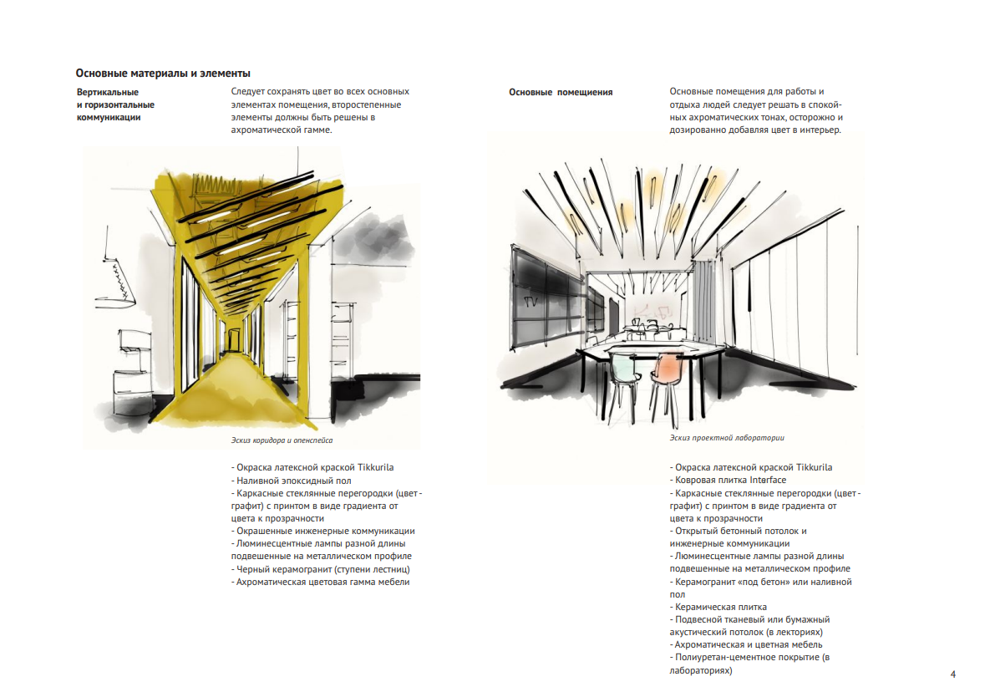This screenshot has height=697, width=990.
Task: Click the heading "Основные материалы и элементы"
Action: tap(163, 74)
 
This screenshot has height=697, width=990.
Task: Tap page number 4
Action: tap(953, 674)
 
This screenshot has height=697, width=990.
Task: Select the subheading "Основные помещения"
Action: tap(561, 92)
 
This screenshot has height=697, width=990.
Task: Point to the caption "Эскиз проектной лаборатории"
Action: tap(727, 437)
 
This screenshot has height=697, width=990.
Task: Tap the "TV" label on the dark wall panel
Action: tap(529, 298)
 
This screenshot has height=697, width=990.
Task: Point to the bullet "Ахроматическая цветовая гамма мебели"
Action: tap(322, 582)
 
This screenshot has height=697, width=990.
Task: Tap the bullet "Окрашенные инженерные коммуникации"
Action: tap(325, 531)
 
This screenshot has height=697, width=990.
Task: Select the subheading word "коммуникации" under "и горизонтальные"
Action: tap(109, 118)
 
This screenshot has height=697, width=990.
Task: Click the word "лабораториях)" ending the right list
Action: tap(701, 670)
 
